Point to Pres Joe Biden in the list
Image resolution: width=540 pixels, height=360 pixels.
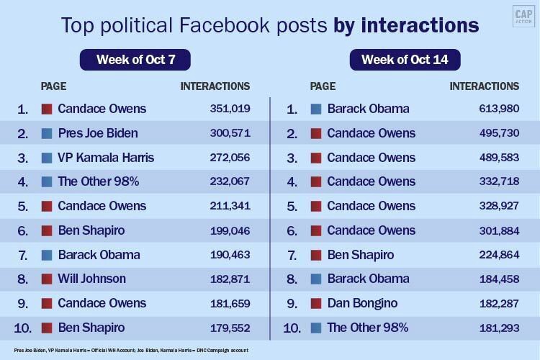(x=98, y=133)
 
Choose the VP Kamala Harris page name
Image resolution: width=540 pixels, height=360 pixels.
(x=106, y=158)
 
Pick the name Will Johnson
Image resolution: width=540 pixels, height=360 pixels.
(x=91, y=279)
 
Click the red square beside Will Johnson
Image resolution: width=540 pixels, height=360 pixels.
(x=47, y=279)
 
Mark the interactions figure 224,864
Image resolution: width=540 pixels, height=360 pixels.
(x=495, y=255)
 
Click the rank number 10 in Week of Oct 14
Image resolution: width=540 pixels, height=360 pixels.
(x=292, y=328)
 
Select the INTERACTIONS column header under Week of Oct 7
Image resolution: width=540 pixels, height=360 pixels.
(x=215, y=86)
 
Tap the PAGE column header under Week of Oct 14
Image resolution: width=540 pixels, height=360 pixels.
(x=323, y=86)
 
